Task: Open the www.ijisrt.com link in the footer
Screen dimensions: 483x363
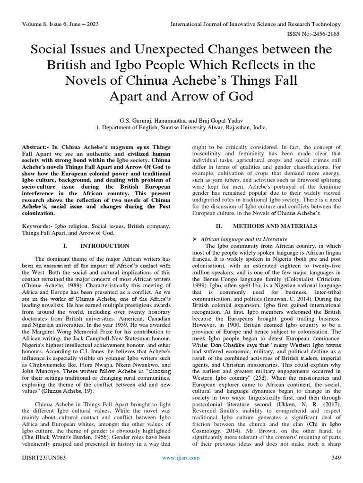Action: tap(181, 458)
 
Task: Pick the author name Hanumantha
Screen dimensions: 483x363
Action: tap(165, 119)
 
